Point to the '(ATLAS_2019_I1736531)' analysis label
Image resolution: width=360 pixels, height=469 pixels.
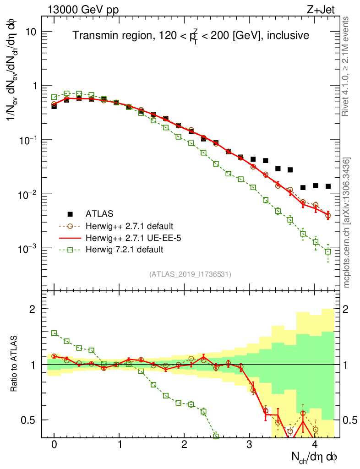(x=190, y=274)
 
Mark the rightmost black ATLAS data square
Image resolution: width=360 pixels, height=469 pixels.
(x=328, y=186)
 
